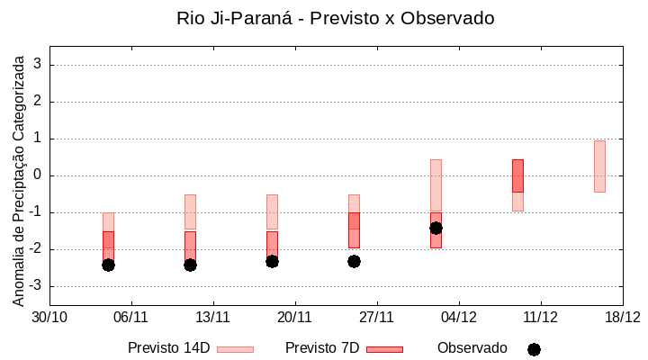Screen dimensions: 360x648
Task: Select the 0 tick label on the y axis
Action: pyautogui.click(x=38, y=175)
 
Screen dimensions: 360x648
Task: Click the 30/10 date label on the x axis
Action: pyautogui.click(x=49, y=317)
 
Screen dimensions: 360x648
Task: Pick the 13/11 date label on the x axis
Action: pyautogui.click(x=213, y=317)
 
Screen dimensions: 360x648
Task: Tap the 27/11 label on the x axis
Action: pyautogui.click(x=377, y=317)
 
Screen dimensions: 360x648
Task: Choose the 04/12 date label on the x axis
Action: pyautogui.click(x=459, y=317)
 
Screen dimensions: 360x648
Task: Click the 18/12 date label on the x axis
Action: pyautogui.click(x=622, y=317)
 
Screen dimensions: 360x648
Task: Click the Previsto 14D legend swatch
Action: pyautogui.click(x=235, y=349)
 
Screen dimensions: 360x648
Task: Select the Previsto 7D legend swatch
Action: pyautogui.click(x=384, y=349)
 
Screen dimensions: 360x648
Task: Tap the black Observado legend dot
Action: pyautogui.click(x=534, y=349)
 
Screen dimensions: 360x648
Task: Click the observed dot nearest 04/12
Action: pyautogui.click(x=436, y=228)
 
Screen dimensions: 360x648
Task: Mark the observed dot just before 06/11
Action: pyautogui.click(x=108, y=265)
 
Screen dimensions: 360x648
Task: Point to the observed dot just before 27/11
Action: pyautogui.click(x=354, y=261)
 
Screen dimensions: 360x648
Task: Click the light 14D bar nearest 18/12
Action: pyautogui.click(x=599, y=166)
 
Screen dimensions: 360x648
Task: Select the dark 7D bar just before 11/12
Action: pyautogui.click(x=517, y=175)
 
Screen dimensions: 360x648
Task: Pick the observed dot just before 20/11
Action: pyautogui.click(x=272, y=261)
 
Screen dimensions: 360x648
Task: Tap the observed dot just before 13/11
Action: pyautogui.click(x=190, y=265)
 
